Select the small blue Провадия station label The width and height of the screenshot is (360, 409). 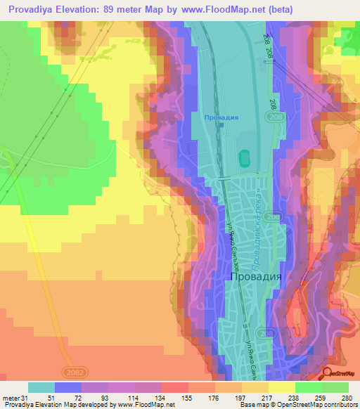[x=221, y=117]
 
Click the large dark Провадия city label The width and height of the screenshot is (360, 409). [x=256, y=276]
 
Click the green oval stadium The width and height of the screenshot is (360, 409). [x=245, y=159]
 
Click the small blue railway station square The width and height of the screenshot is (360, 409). [x=221, y=126]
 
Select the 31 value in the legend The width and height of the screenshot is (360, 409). [x=27, y=397]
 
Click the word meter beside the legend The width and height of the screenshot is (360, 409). [x=11, y=397]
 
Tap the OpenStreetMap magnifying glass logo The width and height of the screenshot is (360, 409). [x=328, y=373]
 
